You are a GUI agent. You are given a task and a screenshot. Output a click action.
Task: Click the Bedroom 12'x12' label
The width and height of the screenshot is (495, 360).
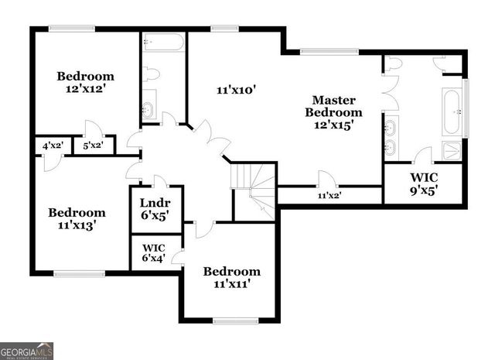86,83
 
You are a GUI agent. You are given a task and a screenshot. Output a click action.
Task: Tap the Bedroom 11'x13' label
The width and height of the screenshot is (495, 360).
77,219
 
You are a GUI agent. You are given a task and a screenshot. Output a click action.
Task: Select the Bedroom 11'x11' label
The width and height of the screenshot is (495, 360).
231,277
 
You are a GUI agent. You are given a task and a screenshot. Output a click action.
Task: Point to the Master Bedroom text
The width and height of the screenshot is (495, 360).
333,111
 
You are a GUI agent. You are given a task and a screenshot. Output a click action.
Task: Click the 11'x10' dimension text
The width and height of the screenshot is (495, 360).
235,90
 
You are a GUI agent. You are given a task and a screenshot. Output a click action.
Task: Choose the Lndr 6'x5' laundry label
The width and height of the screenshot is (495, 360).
155,209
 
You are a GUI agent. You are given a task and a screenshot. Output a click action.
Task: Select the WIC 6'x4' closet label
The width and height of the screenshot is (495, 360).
154,255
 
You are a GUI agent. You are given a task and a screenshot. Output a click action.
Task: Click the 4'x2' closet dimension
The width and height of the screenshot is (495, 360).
52,146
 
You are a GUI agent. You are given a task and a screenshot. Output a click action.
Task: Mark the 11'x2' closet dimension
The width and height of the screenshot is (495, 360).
329,196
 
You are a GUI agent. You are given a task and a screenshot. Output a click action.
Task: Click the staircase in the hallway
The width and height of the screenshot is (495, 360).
256,190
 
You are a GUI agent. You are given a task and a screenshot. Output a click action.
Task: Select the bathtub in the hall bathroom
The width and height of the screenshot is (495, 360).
162,42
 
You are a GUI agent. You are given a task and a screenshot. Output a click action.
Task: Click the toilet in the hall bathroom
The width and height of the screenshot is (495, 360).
151,74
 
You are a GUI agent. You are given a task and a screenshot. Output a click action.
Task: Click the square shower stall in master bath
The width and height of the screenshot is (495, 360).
451,150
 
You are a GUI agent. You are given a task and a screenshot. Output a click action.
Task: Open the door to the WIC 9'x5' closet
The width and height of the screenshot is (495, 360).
422,157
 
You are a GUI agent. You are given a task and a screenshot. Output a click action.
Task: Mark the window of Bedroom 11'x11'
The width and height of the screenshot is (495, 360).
235,321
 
